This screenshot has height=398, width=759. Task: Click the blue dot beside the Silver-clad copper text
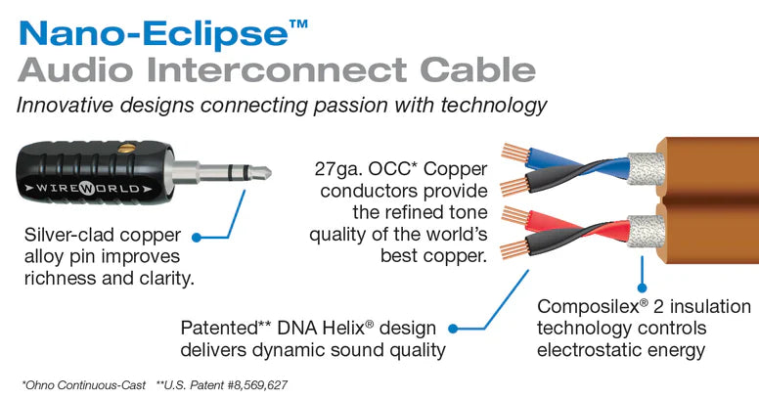197,237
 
